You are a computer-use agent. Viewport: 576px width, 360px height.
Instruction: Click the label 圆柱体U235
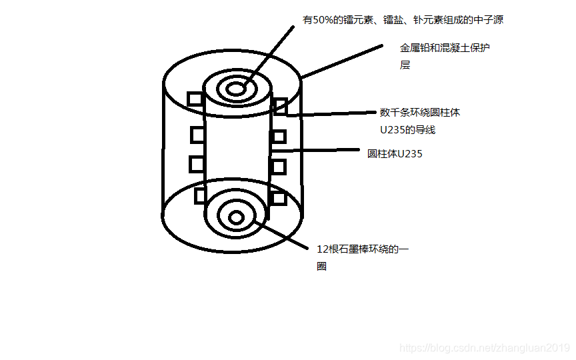click(395, 153)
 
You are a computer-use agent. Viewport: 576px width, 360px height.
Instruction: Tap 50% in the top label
click(321, 21)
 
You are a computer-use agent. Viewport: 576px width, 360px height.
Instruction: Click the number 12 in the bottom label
click(323, 249)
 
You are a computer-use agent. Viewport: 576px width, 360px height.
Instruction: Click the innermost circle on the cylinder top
click(236, 89)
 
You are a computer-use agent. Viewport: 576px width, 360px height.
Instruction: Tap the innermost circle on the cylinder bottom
click(236, 217)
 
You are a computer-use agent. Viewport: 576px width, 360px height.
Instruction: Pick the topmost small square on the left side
click(195, 99)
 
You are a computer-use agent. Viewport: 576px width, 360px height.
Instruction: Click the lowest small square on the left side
click(201, 196)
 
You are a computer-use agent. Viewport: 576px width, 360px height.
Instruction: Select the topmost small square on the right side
click(280, 105)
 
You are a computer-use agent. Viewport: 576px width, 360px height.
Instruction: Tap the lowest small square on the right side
click(279, 197)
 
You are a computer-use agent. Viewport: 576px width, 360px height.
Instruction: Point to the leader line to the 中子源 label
click(267, 56)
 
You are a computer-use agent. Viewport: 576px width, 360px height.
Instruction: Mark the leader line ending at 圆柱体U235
click(320, 151)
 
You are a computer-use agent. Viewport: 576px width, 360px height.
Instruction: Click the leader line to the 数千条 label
click(333, 113)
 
